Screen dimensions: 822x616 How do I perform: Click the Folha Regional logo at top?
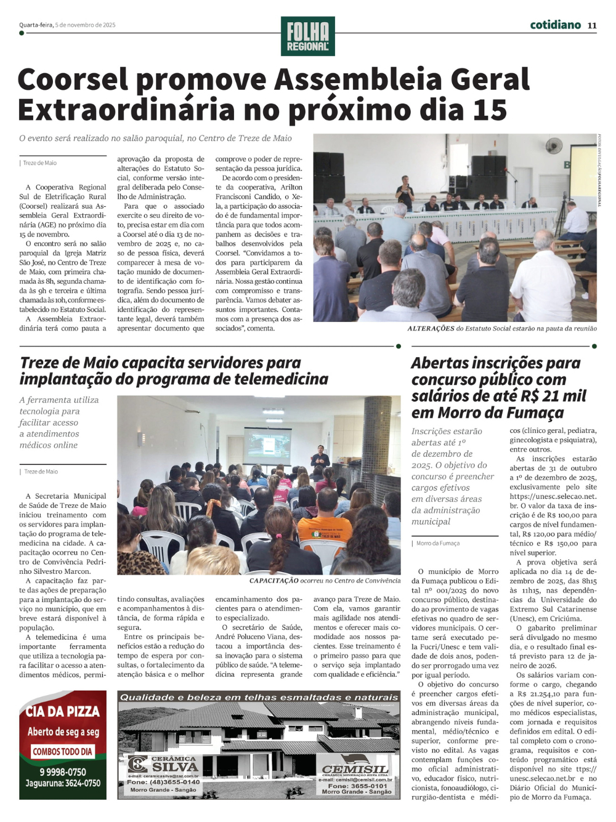pos(307,36)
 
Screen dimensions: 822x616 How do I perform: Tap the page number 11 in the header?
pos(592,25)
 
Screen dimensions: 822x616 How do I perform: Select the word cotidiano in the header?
pos(555,25)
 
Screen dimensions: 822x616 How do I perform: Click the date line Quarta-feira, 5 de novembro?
pos(67,25)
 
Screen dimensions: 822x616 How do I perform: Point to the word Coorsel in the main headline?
pos(73,80)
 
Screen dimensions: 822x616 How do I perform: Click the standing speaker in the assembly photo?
pos(405,191)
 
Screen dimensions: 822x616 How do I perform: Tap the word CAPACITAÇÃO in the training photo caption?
pos(274,581)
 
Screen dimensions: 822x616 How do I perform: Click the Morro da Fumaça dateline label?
pos(437,543)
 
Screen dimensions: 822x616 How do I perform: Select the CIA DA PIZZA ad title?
pos(62,712)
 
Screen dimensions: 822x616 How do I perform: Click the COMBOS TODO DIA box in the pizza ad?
pos(62,752)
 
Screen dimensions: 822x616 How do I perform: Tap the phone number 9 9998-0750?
pos(63,772)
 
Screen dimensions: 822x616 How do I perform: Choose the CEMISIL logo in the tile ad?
pos(355,768)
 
